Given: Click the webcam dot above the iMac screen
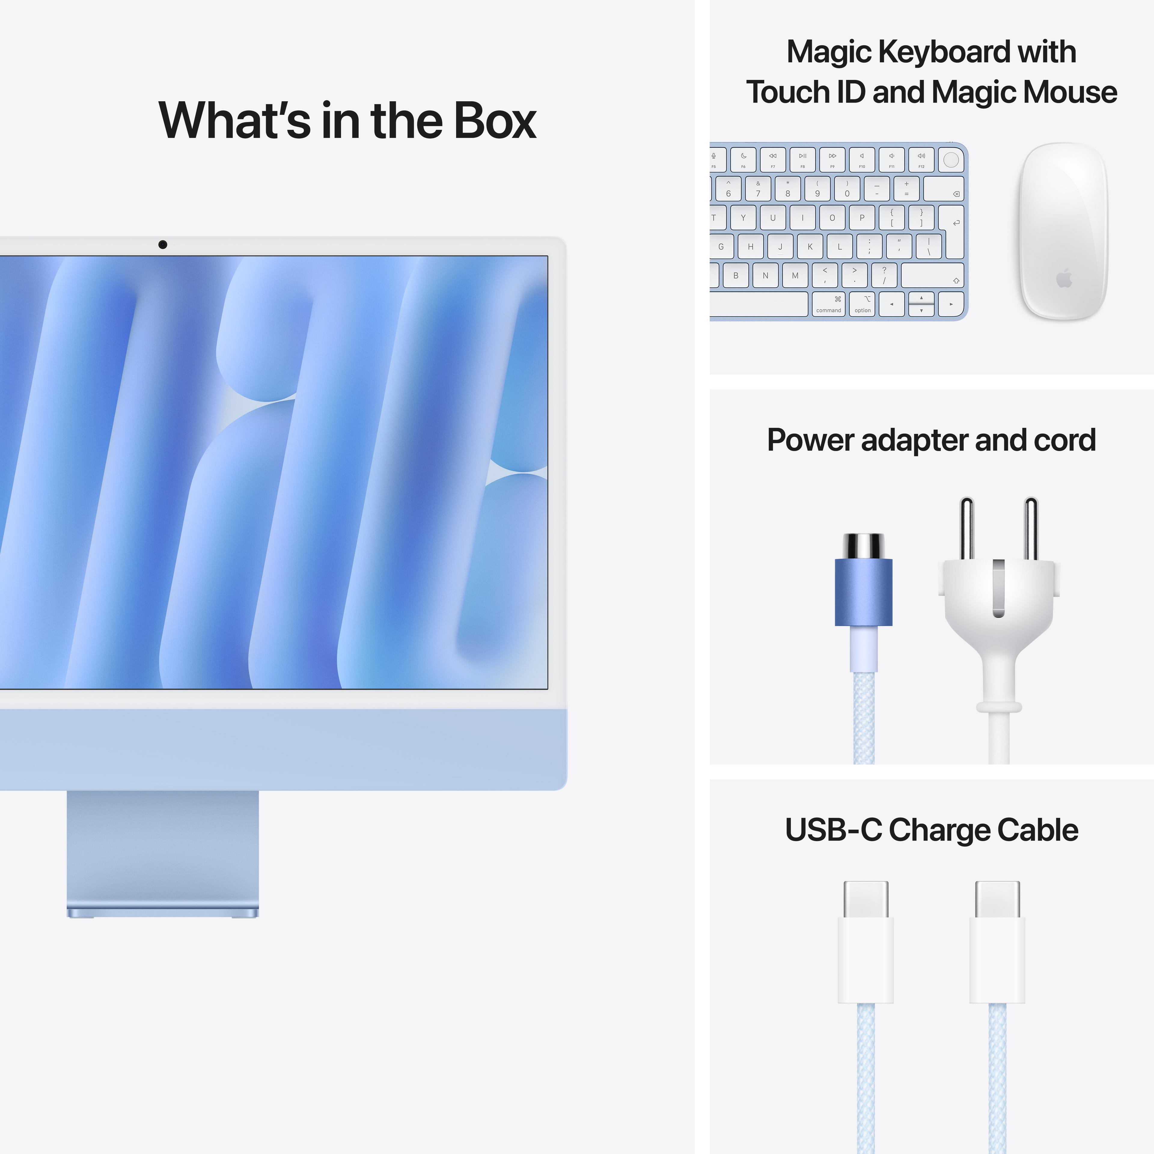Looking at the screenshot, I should (x=163, y=244).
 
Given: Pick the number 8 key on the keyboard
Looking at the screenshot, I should (x=788, y=189).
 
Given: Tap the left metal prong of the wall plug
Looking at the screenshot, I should (x=966, y=529).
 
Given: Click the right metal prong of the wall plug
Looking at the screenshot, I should (x=1031, y=529).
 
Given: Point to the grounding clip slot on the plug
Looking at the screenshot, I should (x=998, y=588).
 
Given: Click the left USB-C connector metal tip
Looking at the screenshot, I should (x=865, y=899).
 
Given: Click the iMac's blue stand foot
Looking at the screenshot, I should (x=163, y=913).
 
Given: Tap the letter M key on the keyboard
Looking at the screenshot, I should (x=795, y=275).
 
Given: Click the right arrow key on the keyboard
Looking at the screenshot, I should (x=951, y=304).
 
